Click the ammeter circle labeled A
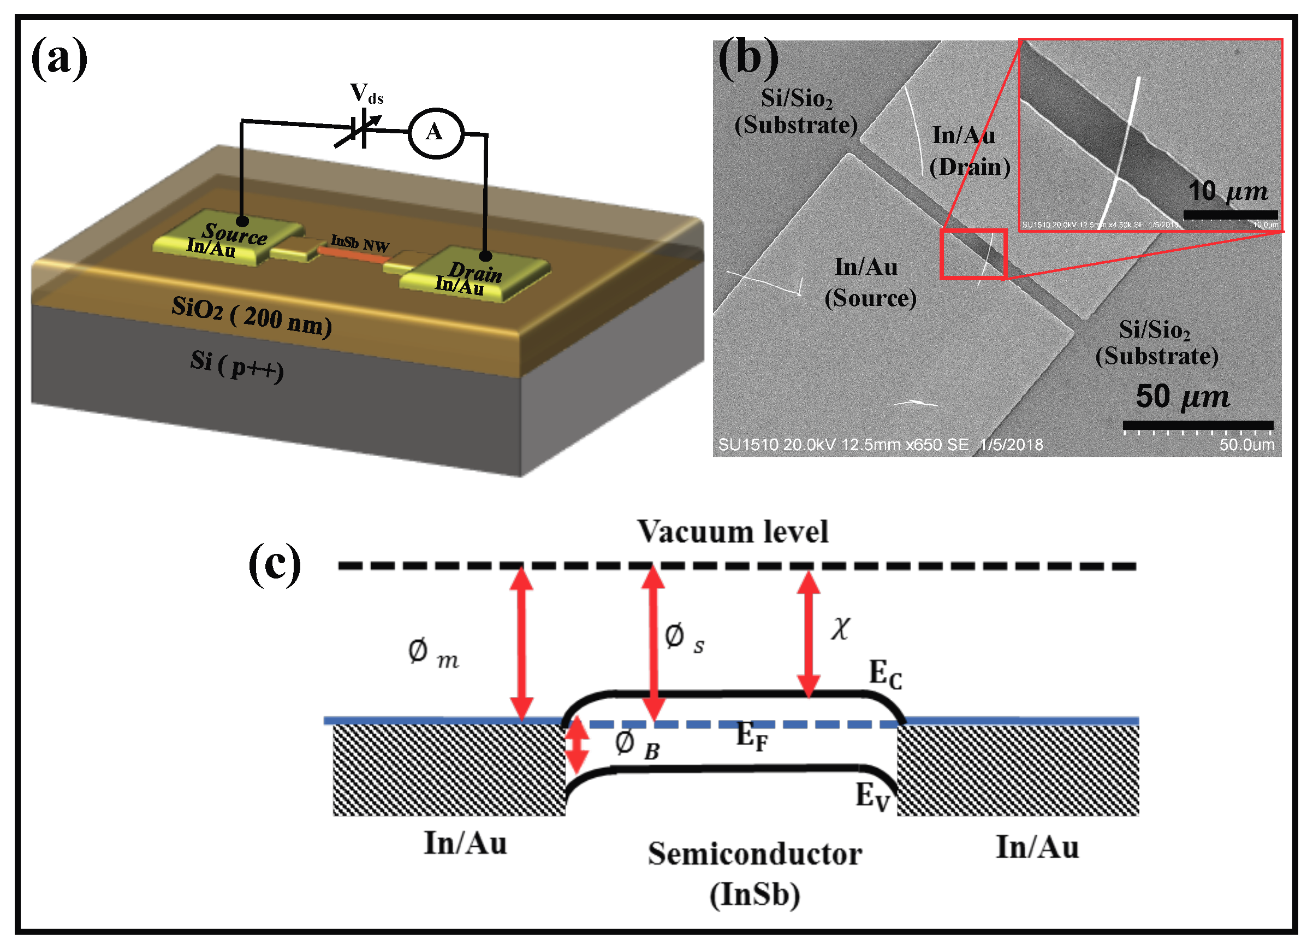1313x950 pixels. [x=436, y=133]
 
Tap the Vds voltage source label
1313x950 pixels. [x=366, y=94]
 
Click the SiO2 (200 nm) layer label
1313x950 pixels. [x=252, y=316]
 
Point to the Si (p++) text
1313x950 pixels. [x=237, y=365]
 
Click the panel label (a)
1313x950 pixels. [x=59, y=58]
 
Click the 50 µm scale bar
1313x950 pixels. [x=1197, y=425]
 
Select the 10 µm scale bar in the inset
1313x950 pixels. [x=1229, y=215]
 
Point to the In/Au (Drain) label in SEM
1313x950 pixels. [x=969, y=151]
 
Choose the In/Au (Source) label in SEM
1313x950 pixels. [x=870, y=282]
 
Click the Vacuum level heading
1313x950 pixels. [x=732, y=532]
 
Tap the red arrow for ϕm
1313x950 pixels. [x=521, y=643]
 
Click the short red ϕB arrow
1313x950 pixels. [x=577, y=747]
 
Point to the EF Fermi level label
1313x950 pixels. [x=752, y=737]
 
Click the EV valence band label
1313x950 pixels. [x=872, y=796]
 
